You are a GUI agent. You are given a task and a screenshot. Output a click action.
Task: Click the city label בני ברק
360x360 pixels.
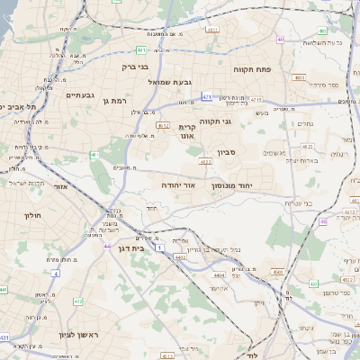coord(137,67)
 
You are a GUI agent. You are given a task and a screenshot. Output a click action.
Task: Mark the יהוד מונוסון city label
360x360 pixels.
coord(230,184)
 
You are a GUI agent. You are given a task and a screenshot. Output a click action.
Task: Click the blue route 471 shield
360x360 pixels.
coord(207,95)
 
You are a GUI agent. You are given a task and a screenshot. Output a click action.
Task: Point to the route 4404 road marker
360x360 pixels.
coord(219,275)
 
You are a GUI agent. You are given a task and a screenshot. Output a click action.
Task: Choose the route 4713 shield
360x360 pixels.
coord(256,100)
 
